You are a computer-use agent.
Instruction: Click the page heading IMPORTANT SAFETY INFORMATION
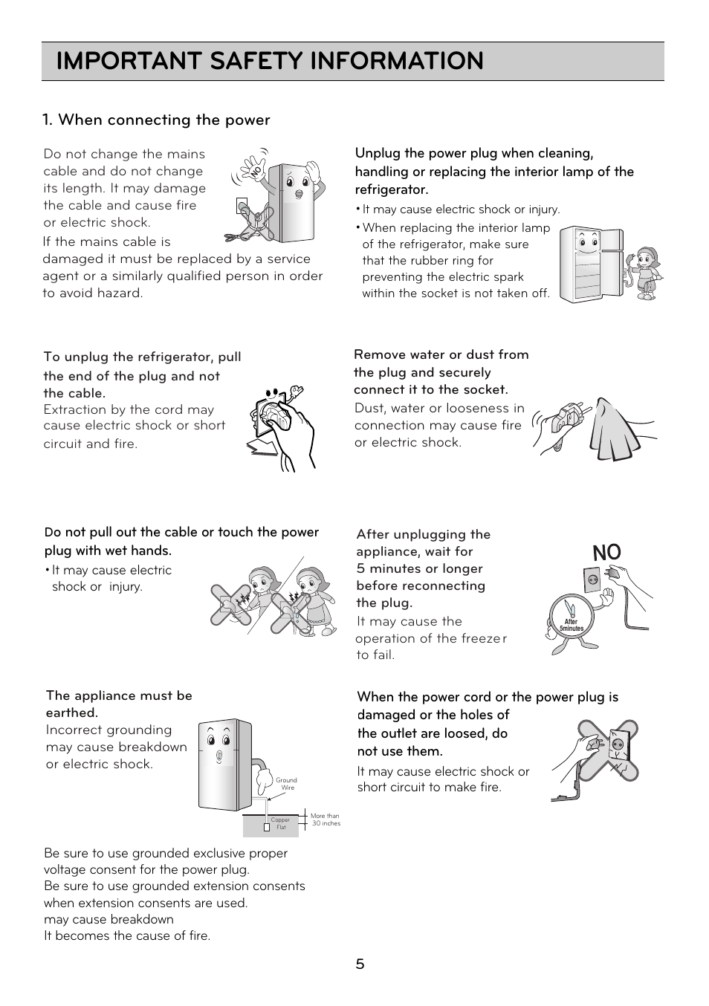coord(270,61)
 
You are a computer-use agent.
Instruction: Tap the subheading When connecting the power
coord(156,120)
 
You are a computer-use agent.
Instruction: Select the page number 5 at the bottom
coord(360,964)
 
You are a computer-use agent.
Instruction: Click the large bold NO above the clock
coord(606,554)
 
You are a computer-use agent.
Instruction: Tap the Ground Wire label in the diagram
coord(286,784)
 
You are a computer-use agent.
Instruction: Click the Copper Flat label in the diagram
coord(280,823)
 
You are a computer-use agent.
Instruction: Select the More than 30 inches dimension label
coord(325,820)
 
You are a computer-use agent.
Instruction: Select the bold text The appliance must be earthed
coord(119,704)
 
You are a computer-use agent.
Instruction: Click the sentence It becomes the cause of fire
coord(127,935)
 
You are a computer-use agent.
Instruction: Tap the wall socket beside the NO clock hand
coord(592,580)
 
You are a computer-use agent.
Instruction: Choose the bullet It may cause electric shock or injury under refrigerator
coord(461,210)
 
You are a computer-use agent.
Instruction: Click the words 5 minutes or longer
coord(419,568)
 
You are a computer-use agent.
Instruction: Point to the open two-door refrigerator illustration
coord(591,265)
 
